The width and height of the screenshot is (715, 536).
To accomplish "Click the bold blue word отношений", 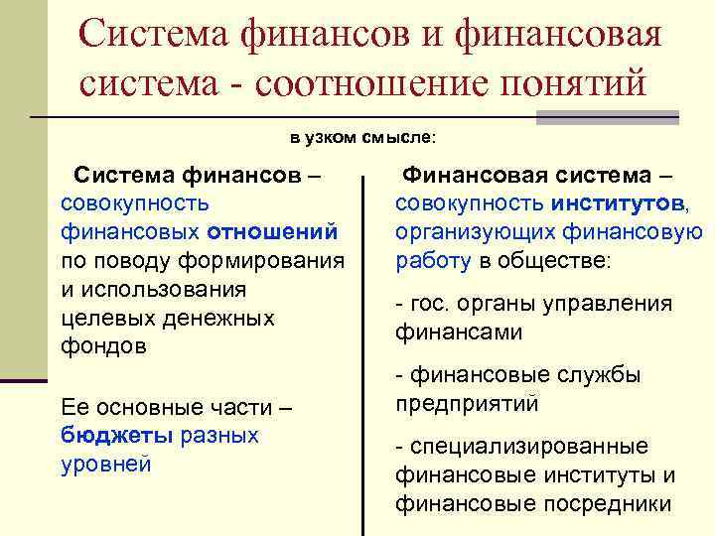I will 273,231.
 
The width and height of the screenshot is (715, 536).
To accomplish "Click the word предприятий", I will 467,403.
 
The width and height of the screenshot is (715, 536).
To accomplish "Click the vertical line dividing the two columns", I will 366,347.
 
